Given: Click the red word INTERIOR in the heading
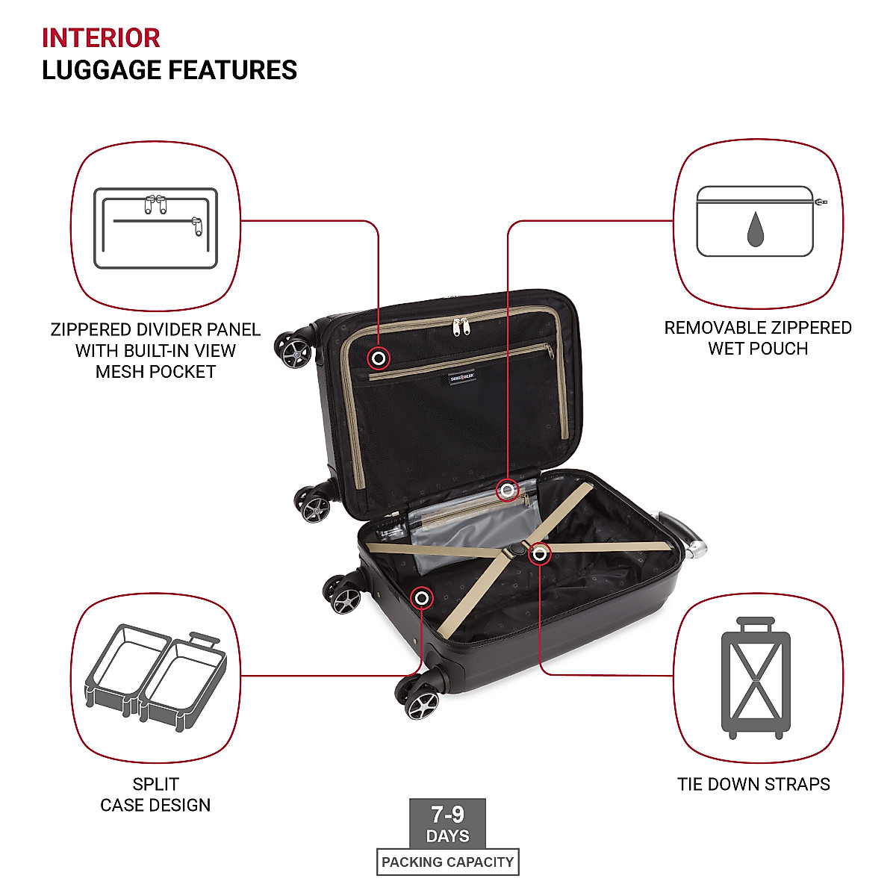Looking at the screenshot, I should pyautogui.click(x=101, y=37).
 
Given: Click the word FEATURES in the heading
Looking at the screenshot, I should pyautogui.click(x=233, y=70).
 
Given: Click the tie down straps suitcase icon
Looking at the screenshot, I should pyautogui.click(x=756, y=678).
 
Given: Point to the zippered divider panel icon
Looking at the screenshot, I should pyautogui.click(x=155, y=228).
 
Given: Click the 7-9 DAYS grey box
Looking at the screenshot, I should pyautogui.click(x=447, y=824).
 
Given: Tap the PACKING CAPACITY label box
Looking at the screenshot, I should pyautogui.click(x=447, y=862).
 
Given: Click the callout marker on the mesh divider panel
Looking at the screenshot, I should pyautogui.click(x=379, y=359).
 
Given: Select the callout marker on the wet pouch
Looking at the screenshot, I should pyautogui.click(x=508, y=490).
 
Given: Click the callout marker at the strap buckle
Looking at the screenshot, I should pyautogui.click(x=539, y=554).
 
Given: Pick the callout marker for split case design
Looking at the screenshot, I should pyautogui.click(x=422, y=597).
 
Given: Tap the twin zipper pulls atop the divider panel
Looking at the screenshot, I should pyautogui.click(x=461, y=326).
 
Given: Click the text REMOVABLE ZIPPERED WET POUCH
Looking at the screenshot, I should pyautogui.click(x=757, y=337).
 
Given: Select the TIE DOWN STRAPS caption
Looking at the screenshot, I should pyautogui.click(x=753, y=784).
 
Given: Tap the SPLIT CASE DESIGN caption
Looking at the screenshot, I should pyautogui.click(x=155, y=794).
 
